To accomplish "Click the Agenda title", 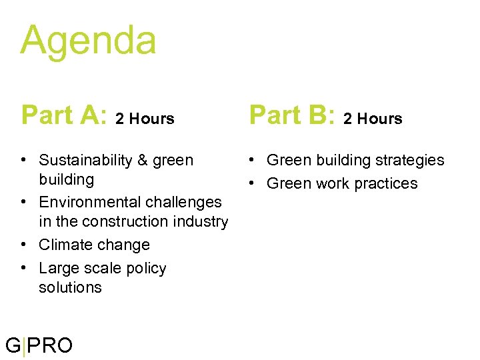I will (x=88, y=40).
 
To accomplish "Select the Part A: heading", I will (x=63, y=115).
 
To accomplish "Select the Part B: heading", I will (x=291, y=115).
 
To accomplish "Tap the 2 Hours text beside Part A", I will (x=145, y=119).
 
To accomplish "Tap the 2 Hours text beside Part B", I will (x=373, y=119).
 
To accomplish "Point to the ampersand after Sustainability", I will (x=143, y=160).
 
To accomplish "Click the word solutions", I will (x=70, y=287).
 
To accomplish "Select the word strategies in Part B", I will (x=409, y=161).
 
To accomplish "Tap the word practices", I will (x=387, y=184).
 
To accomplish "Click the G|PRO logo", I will (x=39, y=345).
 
